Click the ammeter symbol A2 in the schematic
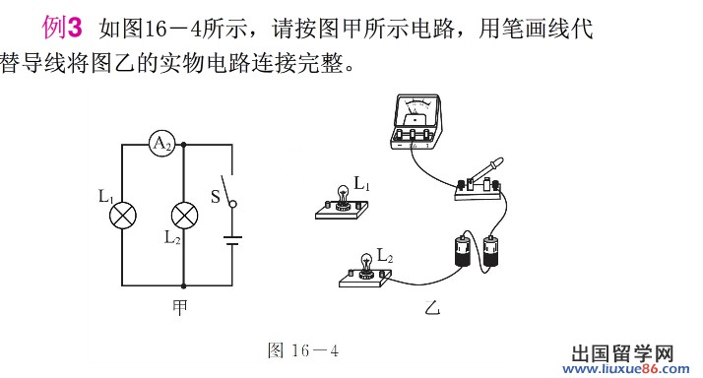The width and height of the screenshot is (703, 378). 161,144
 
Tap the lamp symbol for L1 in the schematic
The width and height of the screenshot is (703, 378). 123,216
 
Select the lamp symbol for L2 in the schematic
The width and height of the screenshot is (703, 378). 184,216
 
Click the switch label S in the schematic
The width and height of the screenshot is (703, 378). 216,197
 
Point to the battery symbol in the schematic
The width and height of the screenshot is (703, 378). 232,241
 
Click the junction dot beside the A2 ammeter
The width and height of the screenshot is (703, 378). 183,145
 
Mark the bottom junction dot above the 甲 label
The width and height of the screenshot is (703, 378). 183,285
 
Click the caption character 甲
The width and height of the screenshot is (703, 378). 180,307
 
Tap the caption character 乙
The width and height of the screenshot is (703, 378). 432,307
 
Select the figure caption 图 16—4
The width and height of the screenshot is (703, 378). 303,350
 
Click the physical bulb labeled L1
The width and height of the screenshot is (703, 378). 343,197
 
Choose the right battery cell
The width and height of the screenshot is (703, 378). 490,251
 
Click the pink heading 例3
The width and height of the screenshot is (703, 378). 62,28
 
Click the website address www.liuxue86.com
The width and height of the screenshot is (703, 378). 626,369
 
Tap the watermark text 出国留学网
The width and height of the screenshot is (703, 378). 623,353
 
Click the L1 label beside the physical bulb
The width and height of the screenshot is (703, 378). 361,183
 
